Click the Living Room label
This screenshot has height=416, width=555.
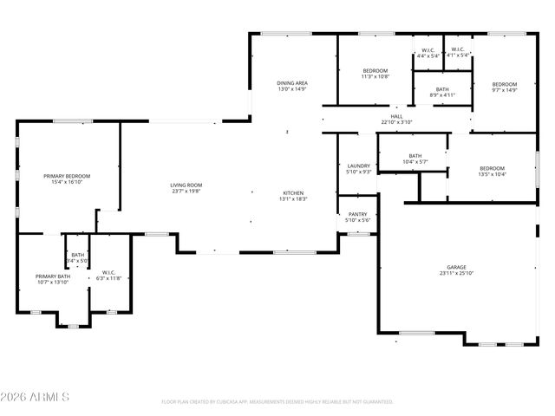186,185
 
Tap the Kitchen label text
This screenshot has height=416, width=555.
292,192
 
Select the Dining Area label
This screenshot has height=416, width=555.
292,82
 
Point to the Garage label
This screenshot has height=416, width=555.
455,267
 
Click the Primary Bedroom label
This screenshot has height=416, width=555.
67,176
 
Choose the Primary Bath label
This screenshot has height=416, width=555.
51,276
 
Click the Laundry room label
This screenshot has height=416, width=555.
359,166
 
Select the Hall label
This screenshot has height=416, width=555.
396,116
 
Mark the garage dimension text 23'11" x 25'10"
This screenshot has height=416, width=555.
455,273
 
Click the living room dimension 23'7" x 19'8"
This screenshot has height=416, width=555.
186,191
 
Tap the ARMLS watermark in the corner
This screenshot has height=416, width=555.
36,397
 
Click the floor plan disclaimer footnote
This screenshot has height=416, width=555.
277,401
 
